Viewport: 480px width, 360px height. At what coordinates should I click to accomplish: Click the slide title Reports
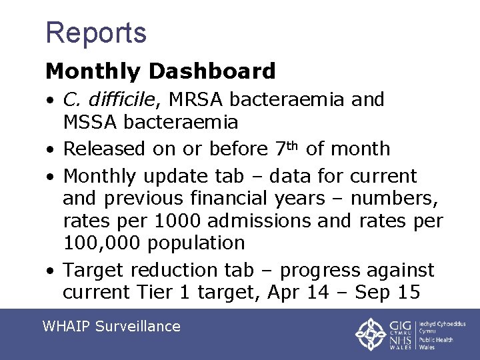click(96, 32)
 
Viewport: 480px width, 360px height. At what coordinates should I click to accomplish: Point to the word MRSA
click(198, 100)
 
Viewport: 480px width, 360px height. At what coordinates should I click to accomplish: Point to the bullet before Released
click(50, 149)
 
